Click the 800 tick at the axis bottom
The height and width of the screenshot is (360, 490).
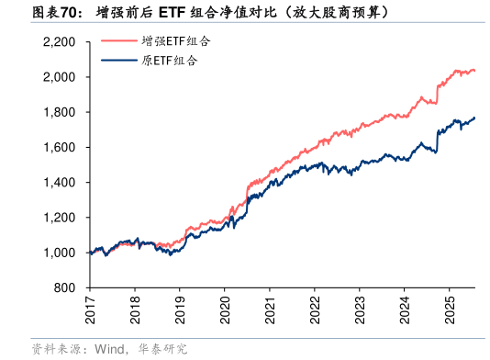coord(65,288)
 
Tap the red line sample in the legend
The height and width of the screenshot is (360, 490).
coord(118,41)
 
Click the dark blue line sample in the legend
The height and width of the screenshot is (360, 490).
coord(118,61)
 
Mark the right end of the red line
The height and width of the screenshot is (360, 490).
coord(474,70)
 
